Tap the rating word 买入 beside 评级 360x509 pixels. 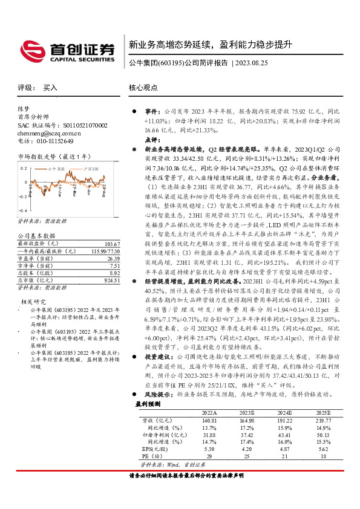[50, 88]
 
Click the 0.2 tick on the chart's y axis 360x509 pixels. [24, 169]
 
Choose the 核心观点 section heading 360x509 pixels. [143, 88]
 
